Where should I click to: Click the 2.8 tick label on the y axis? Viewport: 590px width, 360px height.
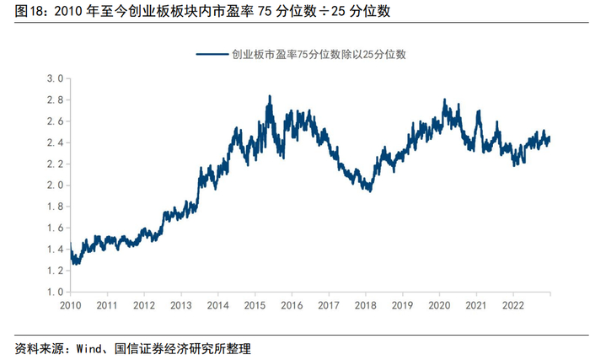[55, 100]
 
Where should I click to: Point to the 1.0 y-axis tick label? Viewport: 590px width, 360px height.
[55, 292]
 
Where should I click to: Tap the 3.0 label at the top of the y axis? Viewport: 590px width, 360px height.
[55, 78]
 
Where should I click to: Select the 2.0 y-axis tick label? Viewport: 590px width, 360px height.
[55, 185]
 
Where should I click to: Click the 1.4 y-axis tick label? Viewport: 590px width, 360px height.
[55, 250]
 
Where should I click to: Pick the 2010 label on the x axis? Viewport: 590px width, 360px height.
[70, 305]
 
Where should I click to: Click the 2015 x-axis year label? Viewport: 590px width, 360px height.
[255, 305]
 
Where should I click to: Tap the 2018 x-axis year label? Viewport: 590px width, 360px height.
[365, 305]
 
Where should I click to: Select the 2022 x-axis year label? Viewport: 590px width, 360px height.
[512, 305]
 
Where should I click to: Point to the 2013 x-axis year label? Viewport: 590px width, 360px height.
[181, 305]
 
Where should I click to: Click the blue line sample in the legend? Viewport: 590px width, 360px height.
[212, 55]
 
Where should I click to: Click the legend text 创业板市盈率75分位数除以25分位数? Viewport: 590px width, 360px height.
[319, 55]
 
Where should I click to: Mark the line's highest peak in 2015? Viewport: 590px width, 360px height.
[270, 96]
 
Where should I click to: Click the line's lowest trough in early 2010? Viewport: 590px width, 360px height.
[75, 264]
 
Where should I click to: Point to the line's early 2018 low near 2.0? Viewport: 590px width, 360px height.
[371, 191]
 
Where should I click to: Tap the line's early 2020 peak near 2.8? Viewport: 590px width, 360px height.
[444, 99]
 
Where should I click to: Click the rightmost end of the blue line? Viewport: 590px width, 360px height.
[550, 137]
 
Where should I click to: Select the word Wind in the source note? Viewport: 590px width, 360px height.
[88, 349]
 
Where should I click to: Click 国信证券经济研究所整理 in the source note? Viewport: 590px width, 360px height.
[183, 349]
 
